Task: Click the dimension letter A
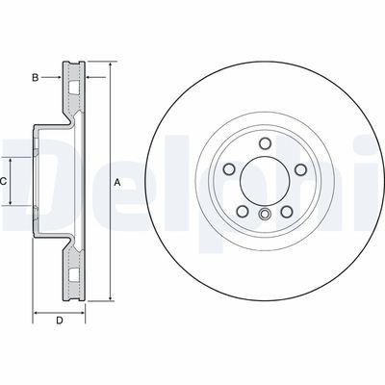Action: click(x=117, y=182)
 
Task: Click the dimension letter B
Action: click(x=35, y=76)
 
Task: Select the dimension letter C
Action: click(x=4, y=181)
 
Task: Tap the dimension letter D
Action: click(x=59, y=320)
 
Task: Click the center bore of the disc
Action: click(x=263, y=180)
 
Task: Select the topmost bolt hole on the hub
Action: click(x=263, y=146)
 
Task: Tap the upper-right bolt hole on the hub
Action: click(x=295, y=170)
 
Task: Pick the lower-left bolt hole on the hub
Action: click(x=243, y=208)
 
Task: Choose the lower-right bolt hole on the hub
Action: click(x=283, y=208)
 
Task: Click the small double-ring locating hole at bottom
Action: click(x=263, y=214)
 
